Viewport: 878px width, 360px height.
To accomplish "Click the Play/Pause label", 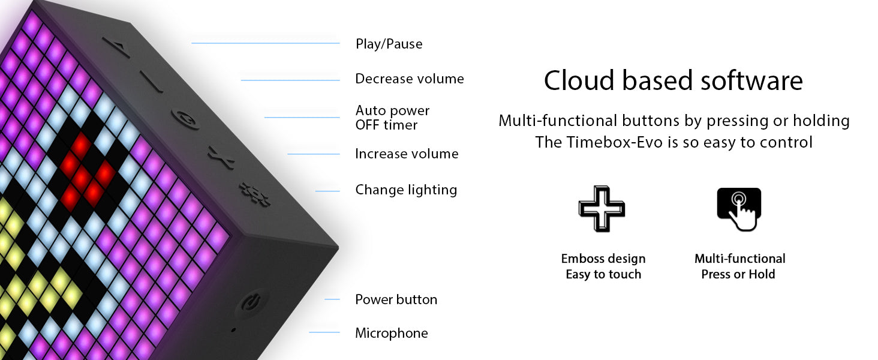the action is [389, 44].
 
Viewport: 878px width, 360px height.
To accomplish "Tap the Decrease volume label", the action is [410, 79].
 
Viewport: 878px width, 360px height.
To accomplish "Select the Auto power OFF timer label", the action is [392, 118].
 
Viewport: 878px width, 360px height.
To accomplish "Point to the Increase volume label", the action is [407, 154].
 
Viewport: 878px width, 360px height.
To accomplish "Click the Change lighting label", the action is [406, 190].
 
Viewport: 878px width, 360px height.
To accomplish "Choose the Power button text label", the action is [396, 299].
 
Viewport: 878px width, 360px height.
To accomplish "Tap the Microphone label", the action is [391, 334].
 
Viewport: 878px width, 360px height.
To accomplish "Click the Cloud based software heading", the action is [673, 81].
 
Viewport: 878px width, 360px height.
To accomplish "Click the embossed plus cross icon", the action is [602, 209].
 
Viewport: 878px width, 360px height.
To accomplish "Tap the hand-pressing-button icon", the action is [739, 209].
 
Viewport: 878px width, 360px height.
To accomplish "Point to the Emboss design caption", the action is [603, 259].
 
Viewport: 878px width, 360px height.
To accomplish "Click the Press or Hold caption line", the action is [738, 274].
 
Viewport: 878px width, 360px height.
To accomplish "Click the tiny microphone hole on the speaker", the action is [233, 330].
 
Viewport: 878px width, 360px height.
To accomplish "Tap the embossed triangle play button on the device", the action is [116, 47].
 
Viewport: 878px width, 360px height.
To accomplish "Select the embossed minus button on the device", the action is [151, 82].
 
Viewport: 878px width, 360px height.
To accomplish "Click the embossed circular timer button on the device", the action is [185, 119].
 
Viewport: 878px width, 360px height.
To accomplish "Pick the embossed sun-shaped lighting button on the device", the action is [254, 193].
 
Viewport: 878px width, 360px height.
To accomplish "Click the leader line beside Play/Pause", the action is [265, 43].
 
